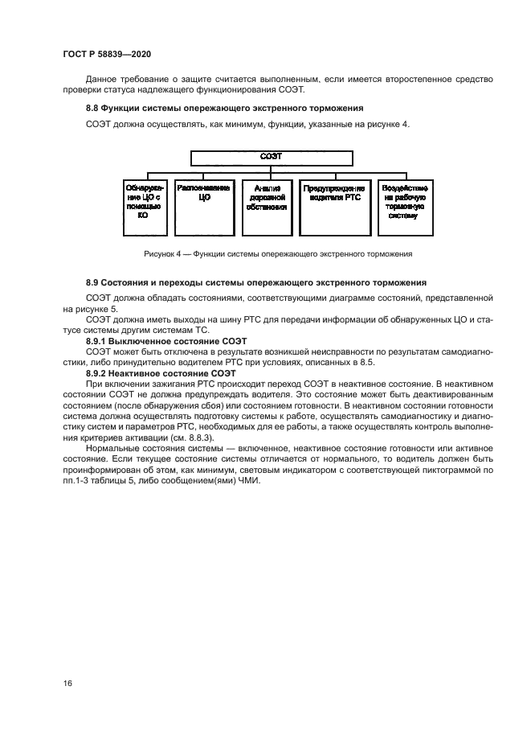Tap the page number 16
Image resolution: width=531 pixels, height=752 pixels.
pos(68,684)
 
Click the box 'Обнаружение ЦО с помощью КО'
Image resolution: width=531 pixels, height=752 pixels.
pos(143,200)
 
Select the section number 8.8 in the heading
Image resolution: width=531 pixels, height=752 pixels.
pos(93,108)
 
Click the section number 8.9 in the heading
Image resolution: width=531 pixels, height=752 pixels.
pos(93,283)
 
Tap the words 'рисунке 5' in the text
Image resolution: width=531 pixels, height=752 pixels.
pos(100,308)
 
